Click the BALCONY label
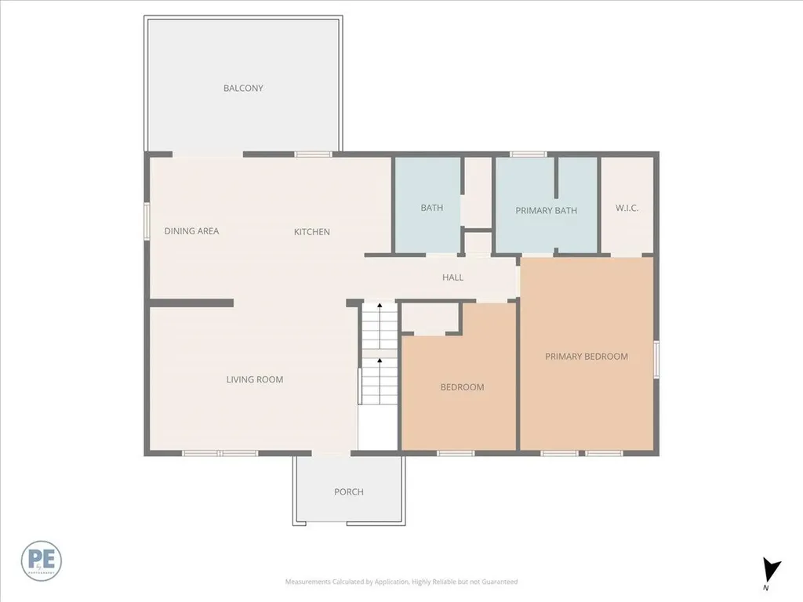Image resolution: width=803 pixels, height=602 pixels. click(243, 89)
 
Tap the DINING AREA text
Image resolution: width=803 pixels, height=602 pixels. click(191, 231)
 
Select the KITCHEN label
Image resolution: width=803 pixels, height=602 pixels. click(311, 232)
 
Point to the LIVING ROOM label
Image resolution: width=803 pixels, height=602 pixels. click(255, 380)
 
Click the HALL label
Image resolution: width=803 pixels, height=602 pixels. click(452, 277)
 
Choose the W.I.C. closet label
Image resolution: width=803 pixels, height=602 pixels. click(627, 208)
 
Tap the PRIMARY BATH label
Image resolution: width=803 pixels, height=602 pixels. click(546, 211)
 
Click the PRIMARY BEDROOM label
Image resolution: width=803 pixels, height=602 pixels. click(587, 357)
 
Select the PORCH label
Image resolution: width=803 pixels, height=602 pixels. click(349, 492)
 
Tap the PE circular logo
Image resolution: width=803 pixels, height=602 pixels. click(42, 560)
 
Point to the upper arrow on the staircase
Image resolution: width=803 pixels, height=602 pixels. click(380, 306)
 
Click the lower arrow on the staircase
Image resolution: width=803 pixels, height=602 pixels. click(380, 361)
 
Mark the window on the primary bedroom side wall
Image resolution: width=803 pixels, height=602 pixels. click(656, 359)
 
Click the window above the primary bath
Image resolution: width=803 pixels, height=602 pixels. click(529, 154)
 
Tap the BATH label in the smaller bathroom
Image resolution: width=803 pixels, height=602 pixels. click(431, 208)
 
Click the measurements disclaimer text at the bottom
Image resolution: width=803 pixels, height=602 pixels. click(401, 582)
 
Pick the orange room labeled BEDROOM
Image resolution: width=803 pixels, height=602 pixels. click(462, 387)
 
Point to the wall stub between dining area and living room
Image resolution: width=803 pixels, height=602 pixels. click(191, 303)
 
